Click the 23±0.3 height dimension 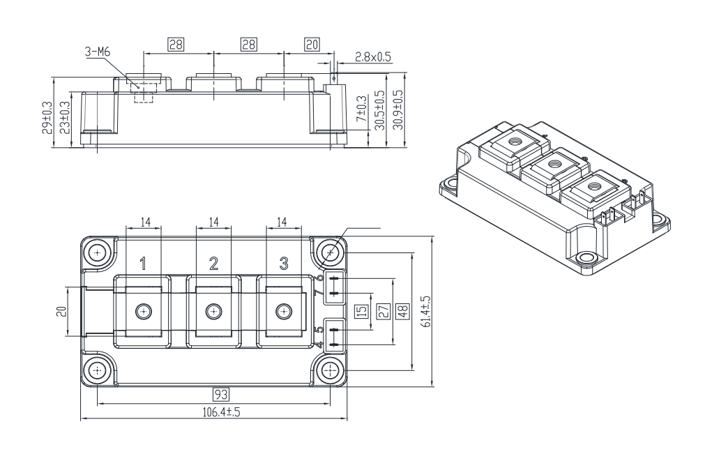[64, 116]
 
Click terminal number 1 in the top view [143, 263]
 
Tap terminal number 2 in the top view [213, 263]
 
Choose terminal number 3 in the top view [283, 263]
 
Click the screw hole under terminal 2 [213, 310]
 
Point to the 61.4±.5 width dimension [426, 311]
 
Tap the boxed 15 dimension [362, 311]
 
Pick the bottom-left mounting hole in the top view [97, 369]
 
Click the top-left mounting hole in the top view [97, 252]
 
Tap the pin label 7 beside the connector [319, 294]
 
